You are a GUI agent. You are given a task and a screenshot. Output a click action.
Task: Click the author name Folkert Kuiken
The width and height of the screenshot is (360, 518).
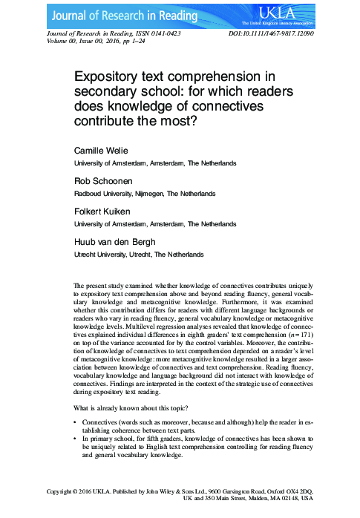104,212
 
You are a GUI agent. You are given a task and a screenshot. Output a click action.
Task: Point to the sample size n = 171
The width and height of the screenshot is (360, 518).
308,335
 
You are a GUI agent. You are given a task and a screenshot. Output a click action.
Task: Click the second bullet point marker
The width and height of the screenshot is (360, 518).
76,439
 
